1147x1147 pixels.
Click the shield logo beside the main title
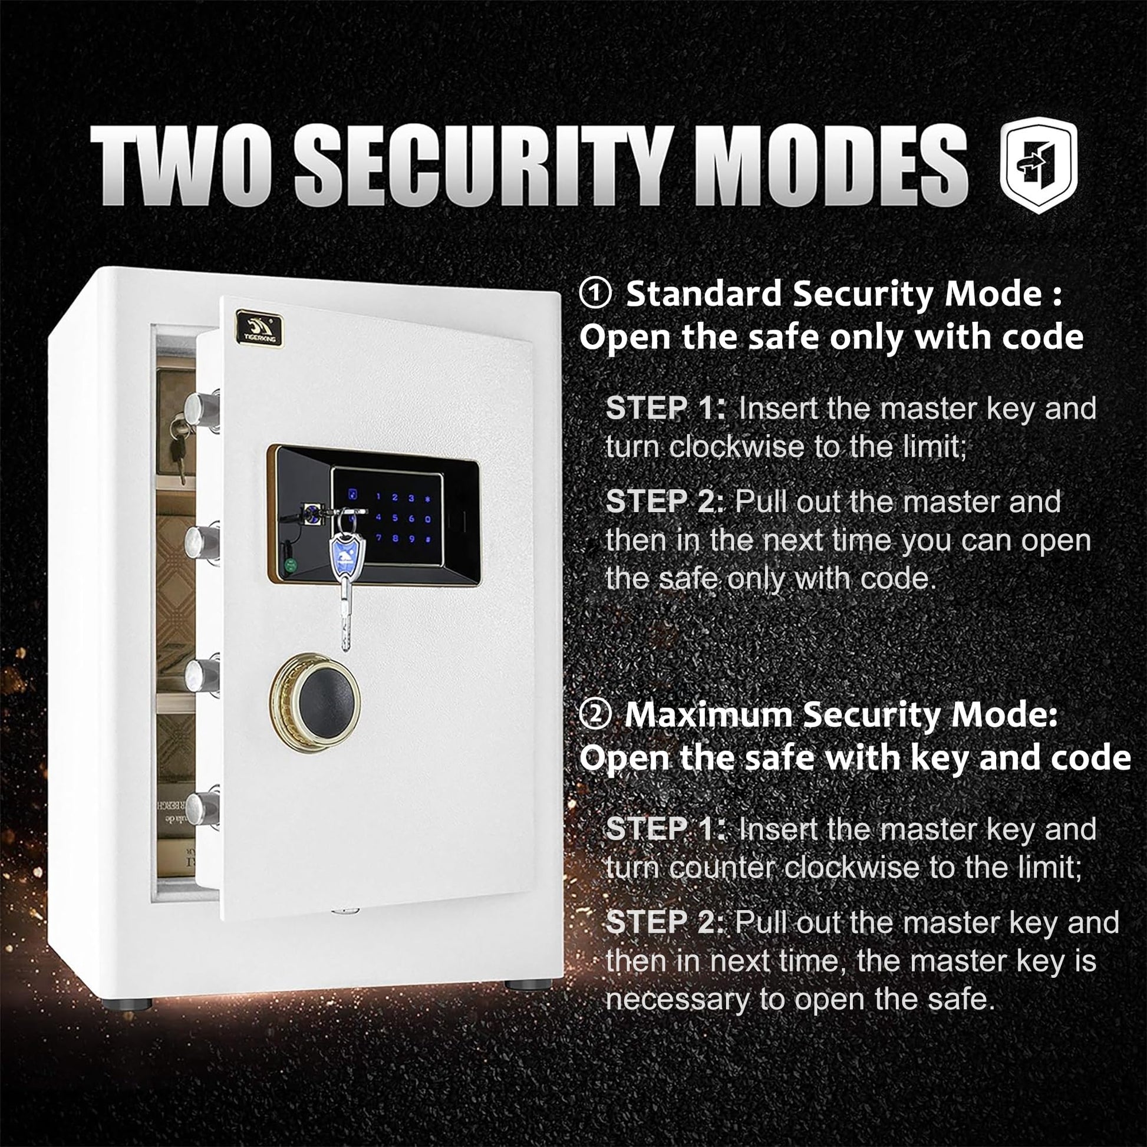1039,165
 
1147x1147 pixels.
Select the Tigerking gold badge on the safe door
259,328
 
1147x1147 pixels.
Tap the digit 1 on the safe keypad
379,497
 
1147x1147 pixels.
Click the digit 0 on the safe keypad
427,519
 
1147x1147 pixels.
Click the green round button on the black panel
291,565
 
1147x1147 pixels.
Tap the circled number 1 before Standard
595,295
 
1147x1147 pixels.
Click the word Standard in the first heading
704,294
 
